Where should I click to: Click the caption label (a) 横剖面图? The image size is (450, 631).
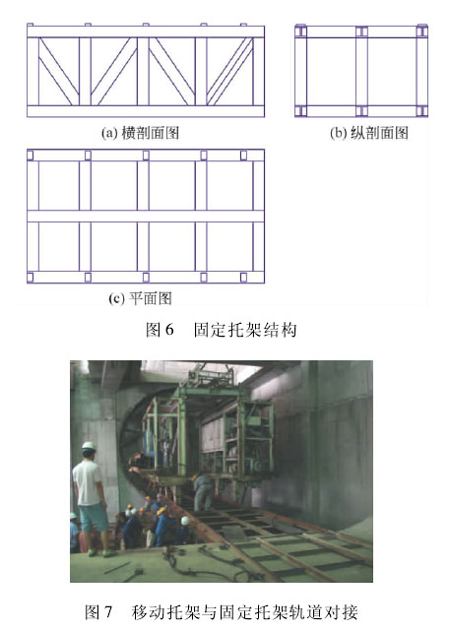(x=140, y=133)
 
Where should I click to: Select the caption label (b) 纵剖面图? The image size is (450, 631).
(x=369, y=133)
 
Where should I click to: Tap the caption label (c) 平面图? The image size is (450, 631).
(x=140, y=298)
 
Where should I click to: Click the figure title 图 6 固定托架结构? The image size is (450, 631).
(x=221, y=330)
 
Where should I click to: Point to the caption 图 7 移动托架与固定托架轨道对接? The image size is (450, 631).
(x=221, y=612)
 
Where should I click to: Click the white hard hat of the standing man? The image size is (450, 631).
(x=89, y=446)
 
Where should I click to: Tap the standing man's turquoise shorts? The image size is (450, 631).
(x=94, y=518)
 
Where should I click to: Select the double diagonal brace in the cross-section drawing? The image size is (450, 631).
(x=229, y=72)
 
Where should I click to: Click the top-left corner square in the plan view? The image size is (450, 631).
(x=31, y=156)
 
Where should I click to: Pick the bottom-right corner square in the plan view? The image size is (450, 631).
(x=243, y=277)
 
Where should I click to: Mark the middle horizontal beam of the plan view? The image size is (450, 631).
(x=146, y=217)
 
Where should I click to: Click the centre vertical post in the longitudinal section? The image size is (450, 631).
(x=361, y=72)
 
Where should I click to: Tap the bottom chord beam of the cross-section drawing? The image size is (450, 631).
(x=146, y=111)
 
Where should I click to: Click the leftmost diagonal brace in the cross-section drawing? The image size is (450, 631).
(x=59, y=72)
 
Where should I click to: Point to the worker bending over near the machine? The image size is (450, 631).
(x=203, y=491)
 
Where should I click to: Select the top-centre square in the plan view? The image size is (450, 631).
(x=146, y=156)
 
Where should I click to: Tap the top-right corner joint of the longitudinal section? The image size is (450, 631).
(x=421, y=32)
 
